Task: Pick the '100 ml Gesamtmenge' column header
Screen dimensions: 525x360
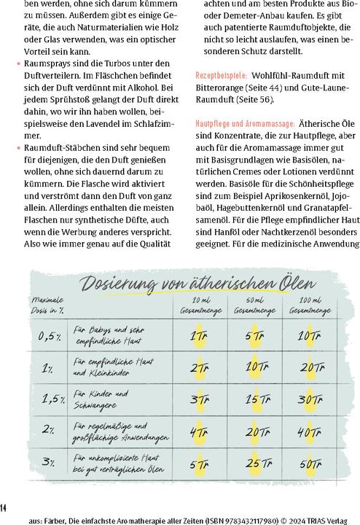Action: (x=301, y=306)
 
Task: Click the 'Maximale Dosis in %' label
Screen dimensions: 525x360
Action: (x=47, y=305)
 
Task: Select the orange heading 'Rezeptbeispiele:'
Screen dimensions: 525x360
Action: (x=222, y=76)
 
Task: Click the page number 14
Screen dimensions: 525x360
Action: (x=4, y=507)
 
